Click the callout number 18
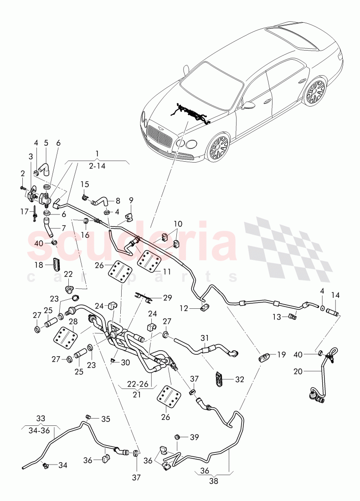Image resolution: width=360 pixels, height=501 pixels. click(39, 264)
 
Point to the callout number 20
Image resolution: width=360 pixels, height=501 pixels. click(298, 371)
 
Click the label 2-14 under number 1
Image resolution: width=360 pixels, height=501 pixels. click(98, 166)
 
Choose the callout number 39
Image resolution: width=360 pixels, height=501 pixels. click(195, 438)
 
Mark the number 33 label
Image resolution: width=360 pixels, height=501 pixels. click(41, 418)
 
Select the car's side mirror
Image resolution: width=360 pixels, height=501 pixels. click(248, 105)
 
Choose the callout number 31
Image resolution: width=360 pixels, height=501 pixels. click(205, 337)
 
